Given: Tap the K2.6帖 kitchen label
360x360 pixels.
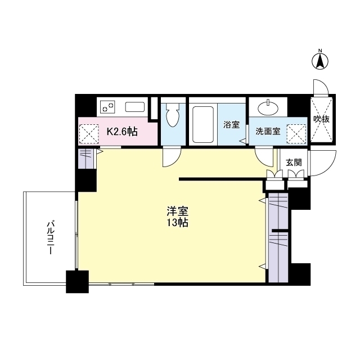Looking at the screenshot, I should click(122, 132).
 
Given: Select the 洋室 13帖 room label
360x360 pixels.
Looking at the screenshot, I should click(177, 217).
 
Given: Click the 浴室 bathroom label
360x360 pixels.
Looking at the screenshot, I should click(231, 125).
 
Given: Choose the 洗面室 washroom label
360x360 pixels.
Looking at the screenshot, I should click(268, 132).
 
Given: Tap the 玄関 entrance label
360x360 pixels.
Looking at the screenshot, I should click(293, 162).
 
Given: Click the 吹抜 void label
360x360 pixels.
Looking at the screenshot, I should click(321, 119).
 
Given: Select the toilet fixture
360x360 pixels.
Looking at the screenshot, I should click(173, 116).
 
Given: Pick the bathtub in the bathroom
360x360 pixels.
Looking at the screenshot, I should click(202, 123).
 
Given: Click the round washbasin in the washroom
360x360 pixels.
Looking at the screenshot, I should click(267, 107).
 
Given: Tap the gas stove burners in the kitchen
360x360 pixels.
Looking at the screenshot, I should click(108, 106).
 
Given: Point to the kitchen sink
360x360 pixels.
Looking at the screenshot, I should click(135, 107).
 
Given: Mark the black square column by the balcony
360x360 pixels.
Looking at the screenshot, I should click(78, 282).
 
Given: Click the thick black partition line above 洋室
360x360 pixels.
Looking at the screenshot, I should click(222, 180).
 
